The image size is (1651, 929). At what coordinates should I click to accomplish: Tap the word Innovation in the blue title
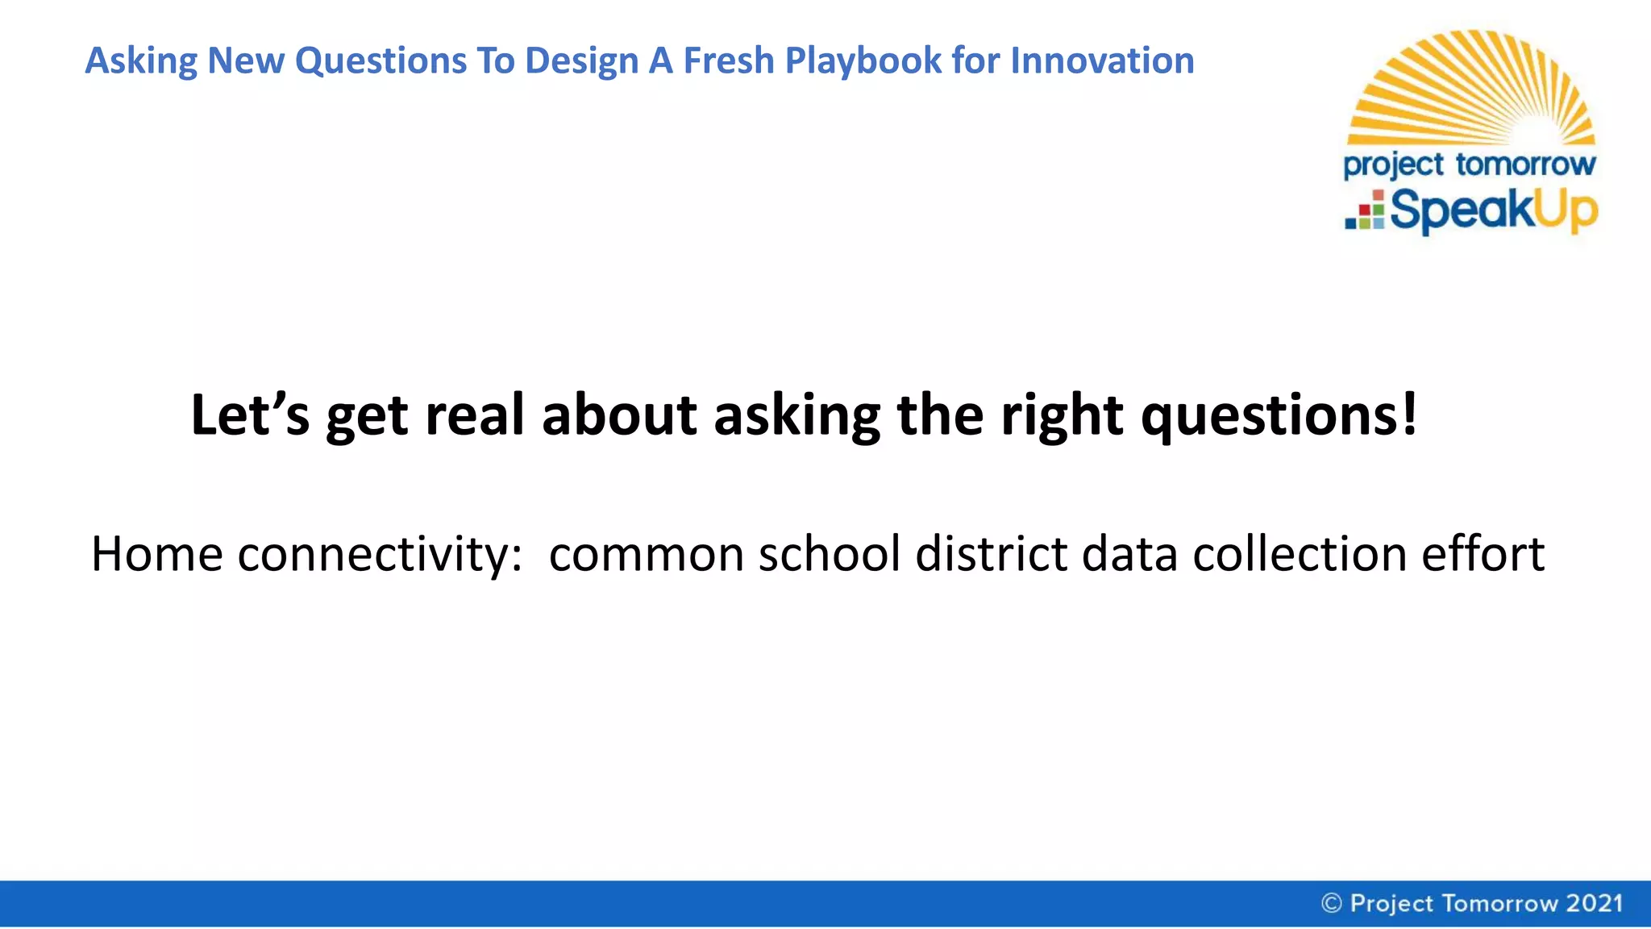1102,61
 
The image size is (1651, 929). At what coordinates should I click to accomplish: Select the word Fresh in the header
729,61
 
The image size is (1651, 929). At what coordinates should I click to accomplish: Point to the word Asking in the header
140,61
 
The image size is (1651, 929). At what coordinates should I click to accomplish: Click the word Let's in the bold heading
250,415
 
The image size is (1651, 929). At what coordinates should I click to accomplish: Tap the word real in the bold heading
475,415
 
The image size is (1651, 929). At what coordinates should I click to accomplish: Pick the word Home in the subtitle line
156,555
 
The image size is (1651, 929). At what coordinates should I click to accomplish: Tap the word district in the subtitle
992,555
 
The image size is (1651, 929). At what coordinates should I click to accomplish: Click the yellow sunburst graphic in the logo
1472,89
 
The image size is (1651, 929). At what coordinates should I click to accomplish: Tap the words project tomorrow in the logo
1469,165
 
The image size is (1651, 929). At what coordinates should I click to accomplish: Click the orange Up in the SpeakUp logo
1565,211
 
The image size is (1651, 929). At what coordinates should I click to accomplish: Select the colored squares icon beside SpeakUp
1365,210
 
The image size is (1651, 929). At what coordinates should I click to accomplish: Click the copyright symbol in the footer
1332,903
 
